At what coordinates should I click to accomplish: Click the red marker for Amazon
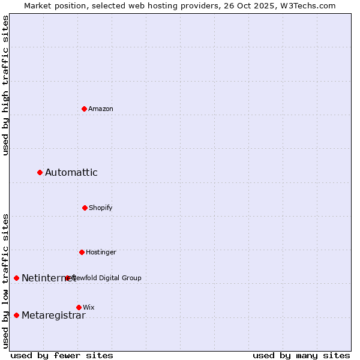point(84,109)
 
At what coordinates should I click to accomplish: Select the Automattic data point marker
point(40,173)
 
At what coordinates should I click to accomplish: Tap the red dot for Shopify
point(85,208)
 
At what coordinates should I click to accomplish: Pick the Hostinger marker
point(82,252)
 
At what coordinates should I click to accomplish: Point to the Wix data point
point(79,307)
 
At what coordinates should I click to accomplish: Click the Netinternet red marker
point(16,278)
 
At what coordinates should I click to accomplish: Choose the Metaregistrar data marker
point(16,316)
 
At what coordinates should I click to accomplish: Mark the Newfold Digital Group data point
point(67,278)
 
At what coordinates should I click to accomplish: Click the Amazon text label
point(101,109)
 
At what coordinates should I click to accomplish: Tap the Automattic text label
point(71,173)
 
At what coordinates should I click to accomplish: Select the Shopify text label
point(101,208)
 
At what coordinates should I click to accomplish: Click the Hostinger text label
point(101,252)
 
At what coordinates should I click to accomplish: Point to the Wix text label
point(89,307)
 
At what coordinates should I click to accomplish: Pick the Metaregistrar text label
point(53,316)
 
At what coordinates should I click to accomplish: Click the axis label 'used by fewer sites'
point(62,355)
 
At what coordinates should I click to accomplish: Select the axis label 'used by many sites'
point(301,355)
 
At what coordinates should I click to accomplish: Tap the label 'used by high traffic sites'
point(5,85)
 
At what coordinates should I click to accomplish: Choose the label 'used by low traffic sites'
point(5,281)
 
